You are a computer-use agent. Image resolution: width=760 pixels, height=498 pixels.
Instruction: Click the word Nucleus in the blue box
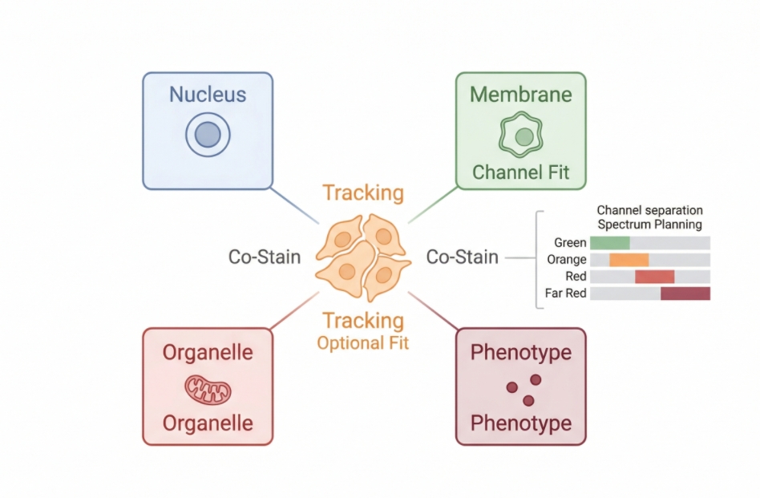[208, 95]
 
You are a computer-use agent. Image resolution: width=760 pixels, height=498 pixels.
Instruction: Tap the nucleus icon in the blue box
[208, 135]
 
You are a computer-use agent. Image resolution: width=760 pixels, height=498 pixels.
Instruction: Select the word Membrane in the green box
[520, 95]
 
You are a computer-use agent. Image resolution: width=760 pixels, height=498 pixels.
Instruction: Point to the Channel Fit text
[520, 172]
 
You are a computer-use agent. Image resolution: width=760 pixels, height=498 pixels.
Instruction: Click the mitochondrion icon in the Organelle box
[208, 389]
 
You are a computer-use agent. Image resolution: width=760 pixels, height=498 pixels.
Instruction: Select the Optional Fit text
[362, 343]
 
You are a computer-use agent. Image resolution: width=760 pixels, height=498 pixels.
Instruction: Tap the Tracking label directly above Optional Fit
[362, 321]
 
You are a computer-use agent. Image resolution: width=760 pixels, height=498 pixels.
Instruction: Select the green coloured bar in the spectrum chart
[610, 242]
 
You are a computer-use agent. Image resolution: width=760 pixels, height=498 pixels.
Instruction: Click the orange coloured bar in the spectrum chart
[629, 260]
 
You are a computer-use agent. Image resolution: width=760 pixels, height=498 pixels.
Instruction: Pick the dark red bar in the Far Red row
[685, 294]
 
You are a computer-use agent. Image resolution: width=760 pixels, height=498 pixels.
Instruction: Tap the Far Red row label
[565, 294]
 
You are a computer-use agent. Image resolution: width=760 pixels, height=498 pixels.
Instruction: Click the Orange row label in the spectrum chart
[567, 260]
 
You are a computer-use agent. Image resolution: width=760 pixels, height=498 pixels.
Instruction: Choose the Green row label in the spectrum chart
[570, 242]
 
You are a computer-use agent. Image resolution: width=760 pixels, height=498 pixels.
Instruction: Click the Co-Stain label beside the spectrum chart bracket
[462, 257]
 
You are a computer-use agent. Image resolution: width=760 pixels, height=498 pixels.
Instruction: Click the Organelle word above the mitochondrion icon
[208, 353]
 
